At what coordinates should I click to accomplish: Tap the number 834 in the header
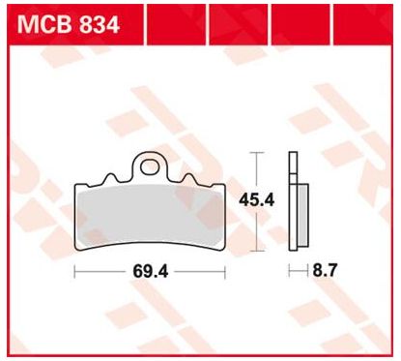point(100,25)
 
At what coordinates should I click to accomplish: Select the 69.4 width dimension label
point(151,271)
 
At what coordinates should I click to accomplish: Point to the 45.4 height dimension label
point(256,200)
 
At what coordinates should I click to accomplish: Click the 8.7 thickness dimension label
point(325,270)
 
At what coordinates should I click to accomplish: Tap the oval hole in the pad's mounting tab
point(150,167)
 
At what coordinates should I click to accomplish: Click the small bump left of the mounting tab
point(111,178)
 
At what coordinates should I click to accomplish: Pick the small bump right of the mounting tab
point(188,178)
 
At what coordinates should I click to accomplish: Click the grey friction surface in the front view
point(150,215)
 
